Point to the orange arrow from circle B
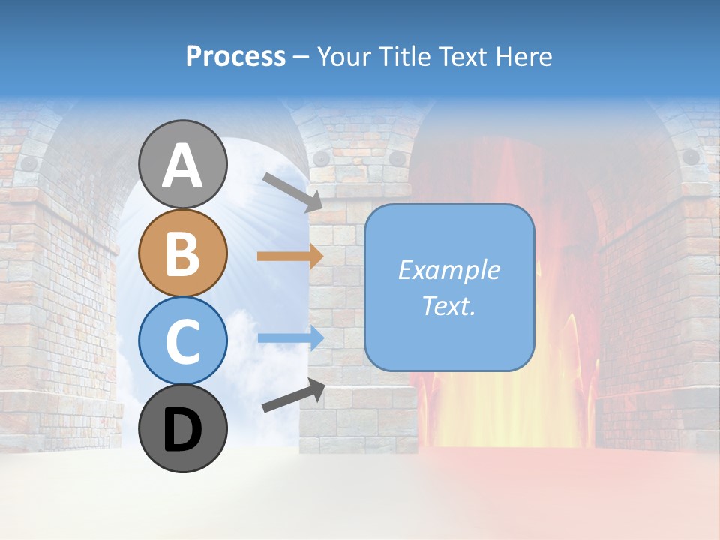tap(290, 256)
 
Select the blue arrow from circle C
tap(291, 337)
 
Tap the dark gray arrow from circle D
tap(293, 395)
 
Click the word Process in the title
tap(235, 57)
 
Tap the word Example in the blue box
tap(448, 270)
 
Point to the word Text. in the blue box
tap(448, 306)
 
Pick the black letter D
tap(183, 429)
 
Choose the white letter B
tap(183, 253)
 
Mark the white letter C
tap(183, 341)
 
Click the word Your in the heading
tap(343, 57)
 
